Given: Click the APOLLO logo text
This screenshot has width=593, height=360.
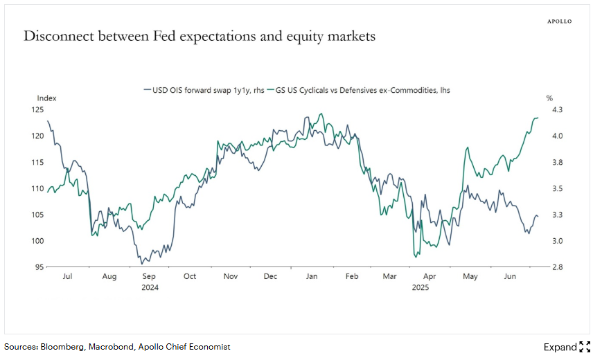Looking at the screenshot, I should [x=560, y=21].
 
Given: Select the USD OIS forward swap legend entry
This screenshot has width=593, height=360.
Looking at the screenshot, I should [x=205, y=89].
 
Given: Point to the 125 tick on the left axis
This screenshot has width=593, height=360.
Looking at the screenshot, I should [x=37, y=109].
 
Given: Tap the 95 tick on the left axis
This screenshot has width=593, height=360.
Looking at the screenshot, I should [x=39, y=267].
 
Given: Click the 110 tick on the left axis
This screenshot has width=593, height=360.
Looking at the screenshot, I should [x=37, y=188].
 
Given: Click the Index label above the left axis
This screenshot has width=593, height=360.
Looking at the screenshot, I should [x=46, y=98].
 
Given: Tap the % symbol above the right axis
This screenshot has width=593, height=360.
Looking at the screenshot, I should [x=549, y=98].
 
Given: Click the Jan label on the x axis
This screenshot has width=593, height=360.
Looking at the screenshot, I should [x=312, y=276].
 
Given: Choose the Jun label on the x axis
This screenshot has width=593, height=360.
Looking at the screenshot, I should [x=509, y=276].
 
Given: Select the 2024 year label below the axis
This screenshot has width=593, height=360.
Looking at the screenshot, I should [x=150, y=287].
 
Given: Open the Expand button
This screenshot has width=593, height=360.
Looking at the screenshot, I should [x=566, y=347].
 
